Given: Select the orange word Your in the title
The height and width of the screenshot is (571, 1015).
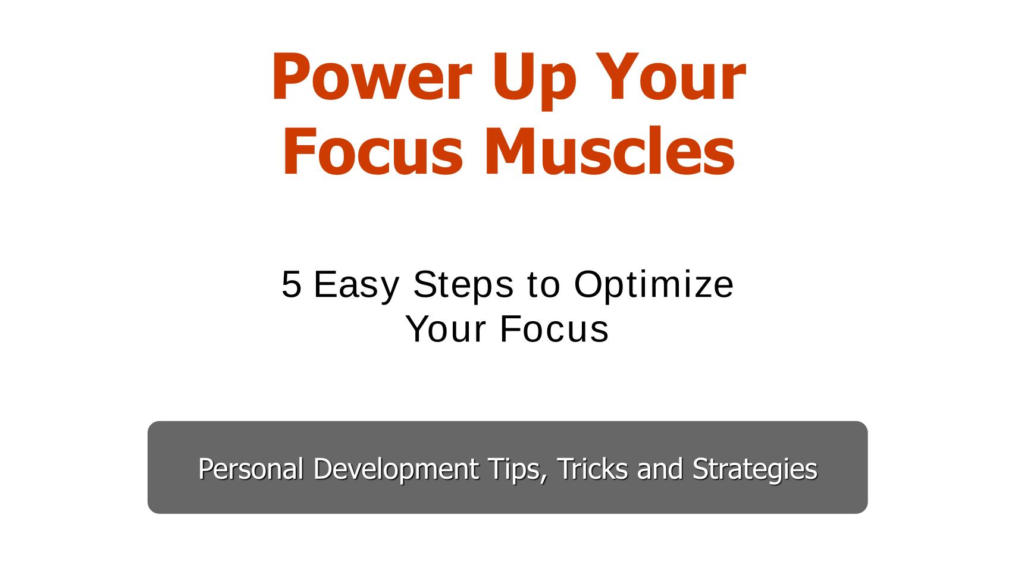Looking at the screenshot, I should point(669,78).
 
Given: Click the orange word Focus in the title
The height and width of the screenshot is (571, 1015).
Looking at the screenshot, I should point(372,151).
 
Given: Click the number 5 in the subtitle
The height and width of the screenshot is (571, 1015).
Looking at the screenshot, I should point(291,284).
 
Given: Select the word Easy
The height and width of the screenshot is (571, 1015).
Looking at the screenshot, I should point(356,284).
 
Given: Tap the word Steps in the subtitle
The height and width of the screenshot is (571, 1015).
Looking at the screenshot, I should point(463,284).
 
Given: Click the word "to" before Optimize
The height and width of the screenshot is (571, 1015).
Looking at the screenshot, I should point(543,284).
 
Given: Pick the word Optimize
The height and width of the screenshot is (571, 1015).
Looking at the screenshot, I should point(653,284).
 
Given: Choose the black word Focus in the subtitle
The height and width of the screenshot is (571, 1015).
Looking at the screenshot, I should point(554,329).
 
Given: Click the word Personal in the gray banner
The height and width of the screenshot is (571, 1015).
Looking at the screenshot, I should point(251,469).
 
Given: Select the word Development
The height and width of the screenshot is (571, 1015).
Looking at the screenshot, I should point(396,469).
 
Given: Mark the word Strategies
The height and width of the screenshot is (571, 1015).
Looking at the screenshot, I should point(754,469).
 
